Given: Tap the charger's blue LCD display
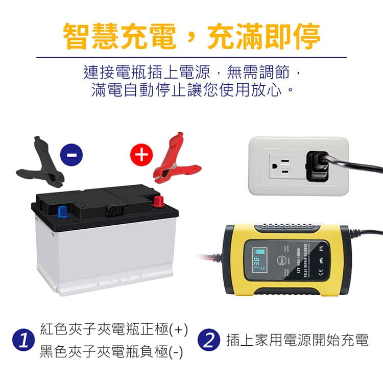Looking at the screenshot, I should [x=259, y=261].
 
